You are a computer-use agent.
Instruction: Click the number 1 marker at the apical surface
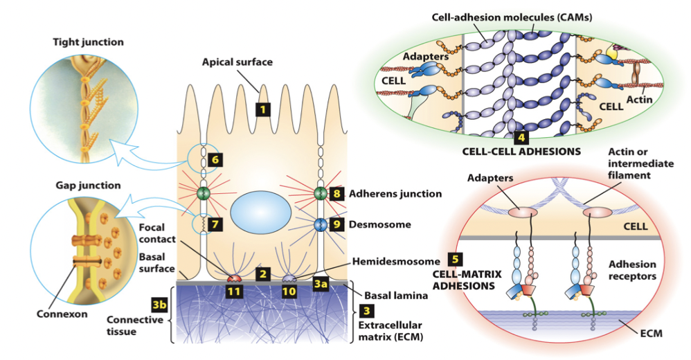coord(261,109)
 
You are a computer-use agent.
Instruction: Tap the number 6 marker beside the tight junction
coord(215,160)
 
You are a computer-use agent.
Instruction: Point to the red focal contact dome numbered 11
coord(235,278)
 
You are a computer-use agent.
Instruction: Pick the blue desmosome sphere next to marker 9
coord(320,225)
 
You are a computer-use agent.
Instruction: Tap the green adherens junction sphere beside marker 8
coord(320,193)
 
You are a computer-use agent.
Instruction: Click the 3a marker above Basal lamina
coord(321,282)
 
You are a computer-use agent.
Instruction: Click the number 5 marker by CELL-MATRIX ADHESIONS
coord(454,260)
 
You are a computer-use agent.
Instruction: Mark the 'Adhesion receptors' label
coord(631,271)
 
